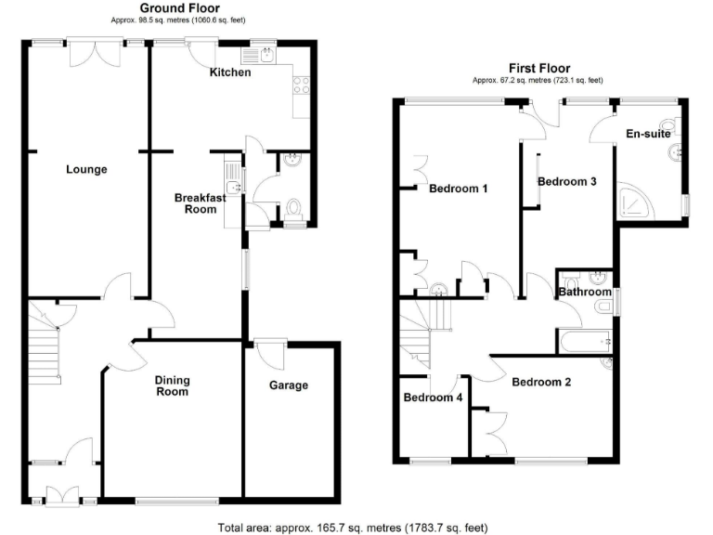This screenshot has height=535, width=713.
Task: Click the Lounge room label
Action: tap(86, 170)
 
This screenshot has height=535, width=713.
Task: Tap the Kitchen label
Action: tap(229, 72)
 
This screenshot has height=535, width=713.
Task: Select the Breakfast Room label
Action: tap(201, 203)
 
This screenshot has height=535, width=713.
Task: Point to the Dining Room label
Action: tap(171, 385)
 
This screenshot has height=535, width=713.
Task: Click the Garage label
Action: tap(288, 385)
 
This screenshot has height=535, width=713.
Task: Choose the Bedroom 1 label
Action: tap(458, 189)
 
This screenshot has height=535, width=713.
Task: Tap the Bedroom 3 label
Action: tap(566, 182)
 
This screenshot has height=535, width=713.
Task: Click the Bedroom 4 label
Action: tap(433, 398)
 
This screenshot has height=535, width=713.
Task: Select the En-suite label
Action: tap(648, 135)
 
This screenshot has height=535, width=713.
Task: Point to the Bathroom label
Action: tap(582, 293)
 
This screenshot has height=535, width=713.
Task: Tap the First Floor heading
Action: tap(538, 68)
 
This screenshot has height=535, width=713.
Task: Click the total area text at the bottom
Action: tap(352, 528)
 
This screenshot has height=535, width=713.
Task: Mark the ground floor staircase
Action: tap(43, 348)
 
